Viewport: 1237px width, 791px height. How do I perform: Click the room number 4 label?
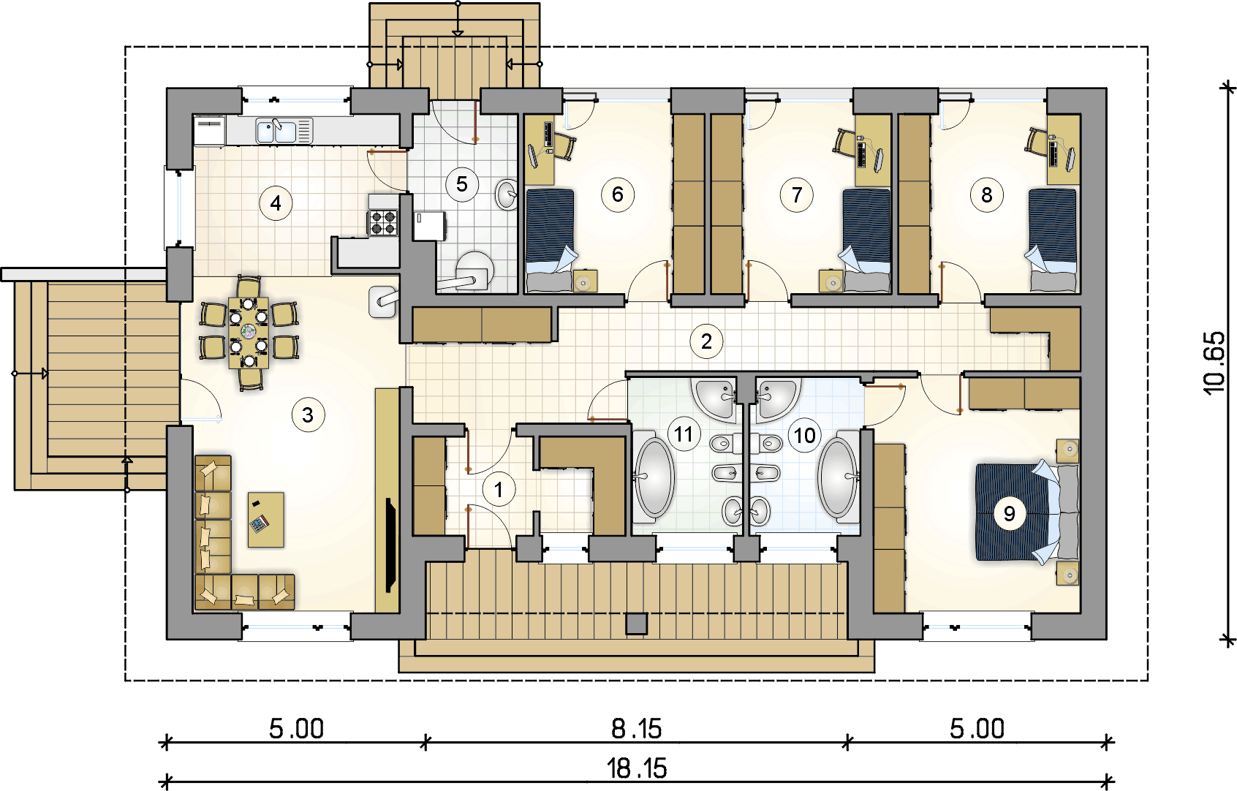(276, 203)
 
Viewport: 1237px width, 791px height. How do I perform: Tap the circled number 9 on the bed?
(1009, 513)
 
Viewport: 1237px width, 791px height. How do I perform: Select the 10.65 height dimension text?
(1214, 363)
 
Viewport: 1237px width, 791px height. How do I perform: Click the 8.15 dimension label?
(636, 729)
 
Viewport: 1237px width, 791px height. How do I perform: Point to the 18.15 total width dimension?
(637, 768)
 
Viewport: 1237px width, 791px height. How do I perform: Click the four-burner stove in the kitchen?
(383, 222)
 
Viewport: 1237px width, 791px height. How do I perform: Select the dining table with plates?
(249, 333)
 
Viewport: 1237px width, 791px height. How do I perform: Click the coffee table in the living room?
(265, 519)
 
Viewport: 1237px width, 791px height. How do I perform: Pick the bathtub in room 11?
(654, 478)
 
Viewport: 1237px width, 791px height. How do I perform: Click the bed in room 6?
(550, 241)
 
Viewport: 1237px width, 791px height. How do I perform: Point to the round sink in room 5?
(507, 194)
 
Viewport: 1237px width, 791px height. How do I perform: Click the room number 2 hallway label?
(706, 341)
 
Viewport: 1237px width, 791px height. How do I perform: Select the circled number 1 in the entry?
(499, 489)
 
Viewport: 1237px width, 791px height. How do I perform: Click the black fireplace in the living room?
(390, 545)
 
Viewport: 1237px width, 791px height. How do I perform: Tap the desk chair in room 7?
(845, 142)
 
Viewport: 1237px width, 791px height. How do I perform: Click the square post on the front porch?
(636, 624)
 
